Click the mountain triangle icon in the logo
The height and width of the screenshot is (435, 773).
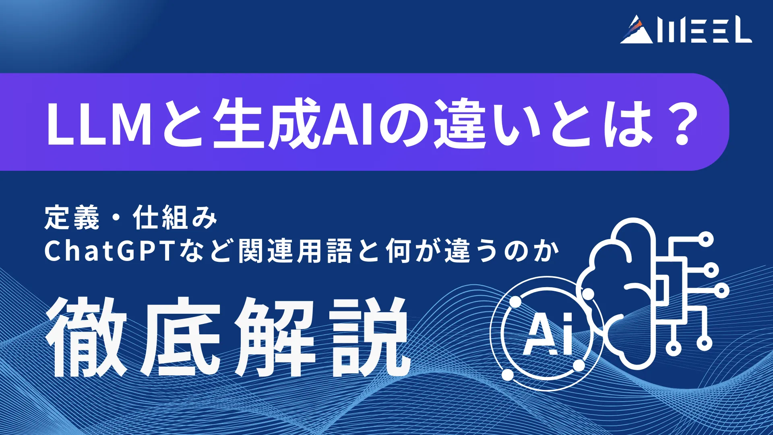click(x=637, y=31)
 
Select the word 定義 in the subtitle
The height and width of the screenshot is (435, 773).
click(x=72, y=217)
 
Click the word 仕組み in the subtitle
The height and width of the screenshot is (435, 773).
click(x=175, y=217)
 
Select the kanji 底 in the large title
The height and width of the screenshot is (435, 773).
click(x=180, y=337)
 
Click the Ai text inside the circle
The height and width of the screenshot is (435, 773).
click(x=548, y=334)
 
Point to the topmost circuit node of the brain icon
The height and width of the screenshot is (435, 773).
click(x=705, y=240)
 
